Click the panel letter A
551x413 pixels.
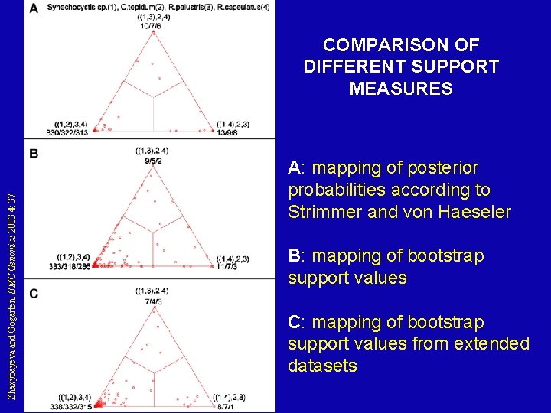click(x=34, y=8)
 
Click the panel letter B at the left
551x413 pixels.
click(x=34, y=154)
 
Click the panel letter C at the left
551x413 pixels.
click(x=34, y=294)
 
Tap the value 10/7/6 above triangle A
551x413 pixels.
click(x=150, y=25)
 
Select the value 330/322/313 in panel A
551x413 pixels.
click(x=68, y=132)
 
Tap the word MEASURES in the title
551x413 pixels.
click(x=400, y=89)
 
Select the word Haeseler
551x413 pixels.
click(x=474, y=212)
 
